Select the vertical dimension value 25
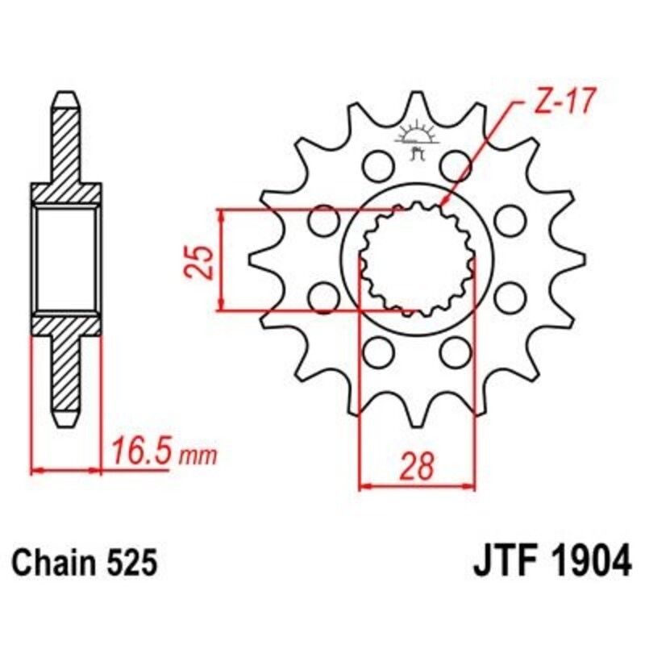[204, 260]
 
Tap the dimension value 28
[416, 465]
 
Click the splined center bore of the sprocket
[416, 259]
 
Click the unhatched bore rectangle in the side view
[67, 259]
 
